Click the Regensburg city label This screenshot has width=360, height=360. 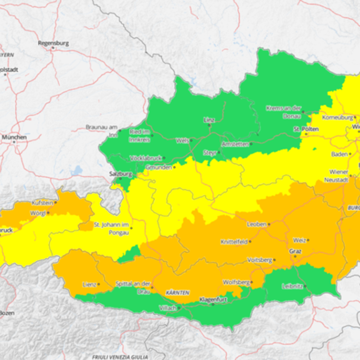click(53, 43)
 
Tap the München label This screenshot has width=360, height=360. click(14, 136)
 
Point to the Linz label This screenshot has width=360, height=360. click(209, 119)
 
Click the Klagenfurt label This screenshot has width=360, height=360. click(212, 300)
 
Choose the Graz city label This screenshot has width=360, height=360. click(296, 251)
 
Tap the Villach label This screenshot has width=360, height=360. click(167, 308)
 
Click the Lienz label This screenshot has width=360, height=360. click(89, 284)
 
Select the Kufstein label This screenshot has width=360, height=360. click(42, 203)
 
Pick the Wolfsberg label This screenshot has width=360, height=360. click(236, 282)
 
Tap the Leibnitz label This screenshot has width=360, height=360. click(293, 286)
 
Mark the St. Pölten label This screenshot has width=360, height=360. click(306, 129)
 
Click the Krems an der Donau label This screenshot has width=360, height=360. click(284, 111)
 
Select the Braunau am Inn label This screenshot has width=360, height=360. click(101, 130)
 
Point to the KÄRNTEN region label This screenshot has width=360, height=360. click(177, 292)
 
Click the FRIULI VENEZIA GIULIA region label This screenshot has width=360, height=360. click(120, 356)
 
